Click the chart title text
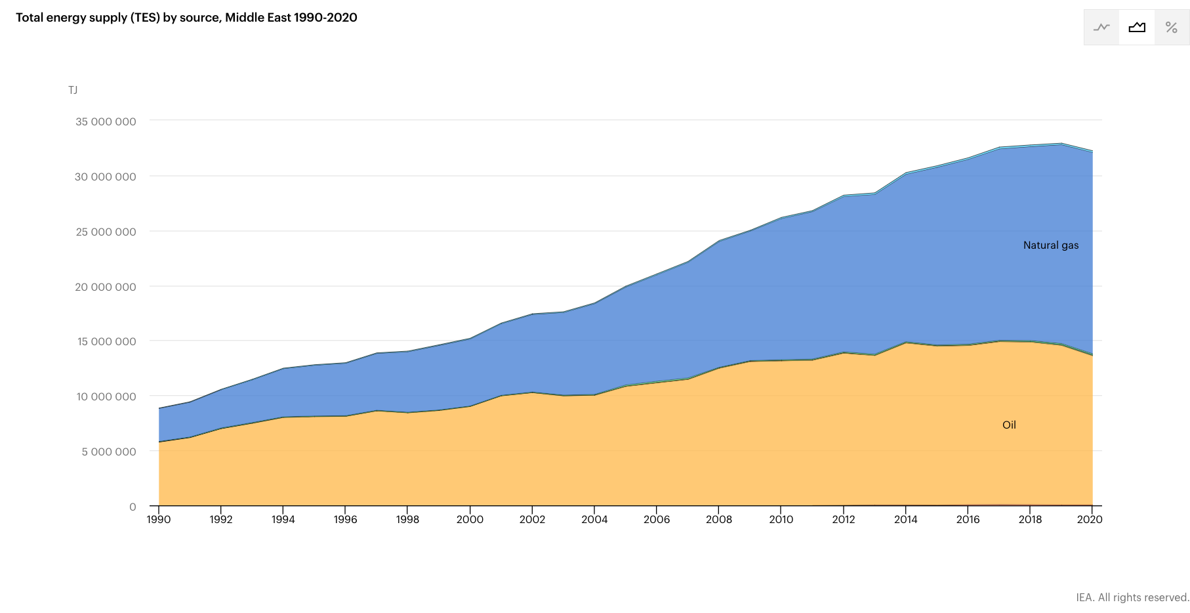click(186, 18)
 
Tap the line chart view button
click(1101, 28)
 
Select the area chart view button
click(1137, 28)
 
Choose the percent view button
click(1172, 28)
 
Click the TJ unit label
click(73, 90)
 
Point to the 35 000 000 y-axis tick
click(106, 121)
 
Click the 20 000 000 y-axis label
click(106, 287)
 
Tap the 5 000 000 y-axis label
click(109, 452)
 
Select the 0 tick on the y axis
click(133, 507)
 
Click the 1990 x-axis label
click(159, 519)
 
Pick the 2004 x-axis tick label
click(594, 519)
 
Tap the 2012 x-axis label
click(844, 519)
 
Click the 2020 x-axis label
click(1090, 519)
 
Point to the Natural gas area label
click(1051, 245)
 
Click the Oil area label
click(1009, 425)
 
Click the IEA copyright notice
click(1132, 597)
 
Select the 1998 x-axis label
click(407, 519)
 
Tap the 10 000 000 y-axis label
click(106, 396)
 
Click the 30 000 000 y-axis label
click(106, 177)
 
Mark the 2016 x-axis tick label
click(968, 519)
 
